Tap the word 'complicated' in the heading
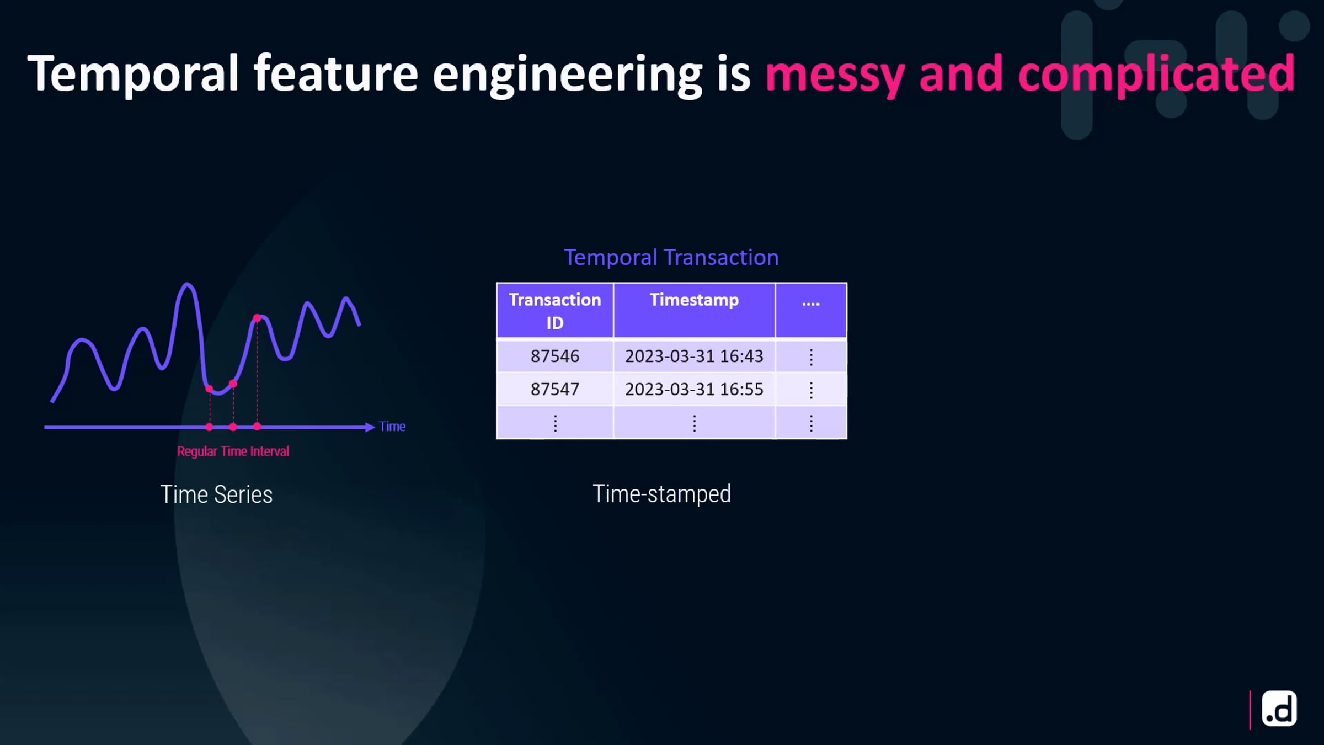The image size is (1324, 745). point(1156,73)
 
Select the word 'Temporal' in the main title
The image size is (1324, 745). point(133,73)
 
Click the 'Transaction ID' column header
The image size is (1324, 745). point(555,311)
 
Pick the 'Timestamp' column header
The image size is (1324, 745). point(694,311)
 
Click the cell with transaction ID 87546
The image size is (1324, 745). point(555,356)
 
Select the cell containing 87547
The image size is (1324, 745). point(555,390)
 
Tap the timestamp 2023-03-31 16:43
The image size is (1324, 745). point(694,356)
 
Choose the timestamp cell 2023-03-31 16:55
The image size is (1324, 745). point(694,390)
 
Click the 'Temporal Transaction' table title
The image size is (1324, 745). point(671,258)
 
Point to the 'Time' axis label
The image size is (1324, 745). point(392,427)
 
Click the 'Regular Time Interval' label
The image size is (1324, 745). point(233,451)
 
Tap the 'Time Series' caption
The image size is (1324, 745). point(216,494)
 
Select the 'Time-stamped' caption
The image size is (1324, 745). point(661,494)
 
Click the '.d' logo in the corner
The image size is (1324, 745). point(1279,709)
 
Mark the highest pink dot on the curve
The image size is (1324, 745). point(257,318)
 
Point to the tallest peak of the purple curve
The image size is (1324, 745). point(188,285)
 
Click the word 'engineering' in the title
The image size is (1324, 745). point(567,75)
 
